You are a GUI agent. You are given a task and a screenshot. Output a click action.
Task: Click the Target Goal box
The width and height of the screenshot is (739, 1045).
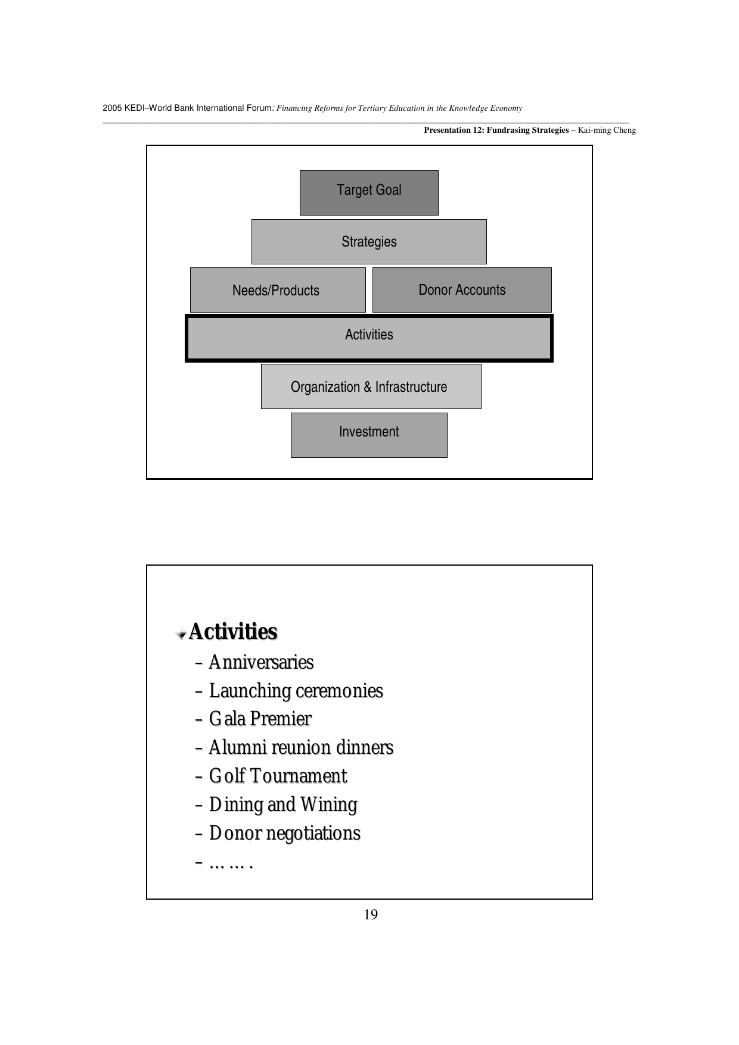(369, 193)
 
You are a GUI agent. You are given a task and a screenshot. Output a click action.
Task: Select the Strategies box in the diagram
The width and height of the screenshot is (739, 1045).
(369, 242)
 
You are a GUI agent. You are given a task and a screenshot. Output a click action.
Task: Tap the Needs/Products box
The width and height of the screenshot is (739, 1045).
(277, 290)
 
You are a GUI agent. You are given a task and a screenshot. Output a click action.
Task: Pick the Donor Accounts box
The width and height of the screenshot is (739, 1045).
(462, 290)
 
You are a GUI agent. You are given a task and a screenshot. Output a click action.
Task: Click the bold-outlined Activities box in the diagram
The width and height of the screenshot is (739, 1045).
(369, 338)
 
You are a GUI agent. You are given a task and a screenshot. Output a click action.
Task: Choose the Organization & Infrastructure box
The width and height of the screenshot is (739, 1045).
(371, 386)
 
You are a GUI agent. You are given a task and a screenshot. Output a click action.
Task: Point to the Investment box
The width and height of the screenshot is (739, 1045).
(369, 435)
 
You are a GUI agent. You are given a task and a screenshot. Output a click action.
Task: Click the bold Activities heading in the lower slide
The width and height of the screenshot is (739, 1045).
(233, 632)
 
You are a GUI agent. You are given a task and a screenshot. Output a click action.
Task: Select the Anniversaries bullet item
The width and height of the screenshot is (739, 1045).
(261, 662)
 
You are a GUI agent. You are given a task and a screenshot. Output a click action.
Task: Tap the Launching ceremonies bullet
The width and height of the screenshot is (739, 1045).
(296, 691)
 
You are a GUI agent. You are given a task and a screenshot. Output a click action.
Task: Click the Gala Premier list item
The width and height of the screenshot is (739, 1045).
(260, 719)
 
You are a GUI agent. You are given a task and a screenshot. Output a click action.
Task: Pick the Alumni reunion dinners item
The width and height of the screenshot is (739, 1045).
(301, 747)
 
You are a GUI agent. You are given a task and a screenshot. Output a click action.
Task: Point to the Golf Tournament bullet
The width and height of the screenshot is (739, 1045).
(278, 776)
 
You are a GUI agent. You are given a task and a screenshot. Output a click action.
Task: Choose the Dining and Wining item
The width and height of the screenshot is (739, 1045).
(283, 804)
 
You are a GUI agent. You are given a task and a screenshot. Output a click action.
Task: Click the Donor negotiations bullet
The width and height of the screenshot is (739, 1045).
(285, 833)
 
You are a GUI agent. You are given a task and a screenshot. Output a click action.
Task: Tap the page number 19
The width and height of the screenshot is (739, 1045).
(370, 915)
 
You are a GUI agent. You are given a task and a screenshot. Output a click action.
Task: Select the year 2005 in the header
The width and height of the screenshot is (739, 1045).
(111, 108)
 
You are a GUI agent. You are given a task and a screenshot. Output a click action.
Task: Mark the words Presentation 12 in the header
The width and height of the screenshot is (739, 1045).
(453, 130)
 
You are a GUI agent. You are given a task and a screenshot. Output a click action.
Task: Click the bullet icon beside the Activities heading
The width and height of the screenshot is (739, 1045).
(181, 634)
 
